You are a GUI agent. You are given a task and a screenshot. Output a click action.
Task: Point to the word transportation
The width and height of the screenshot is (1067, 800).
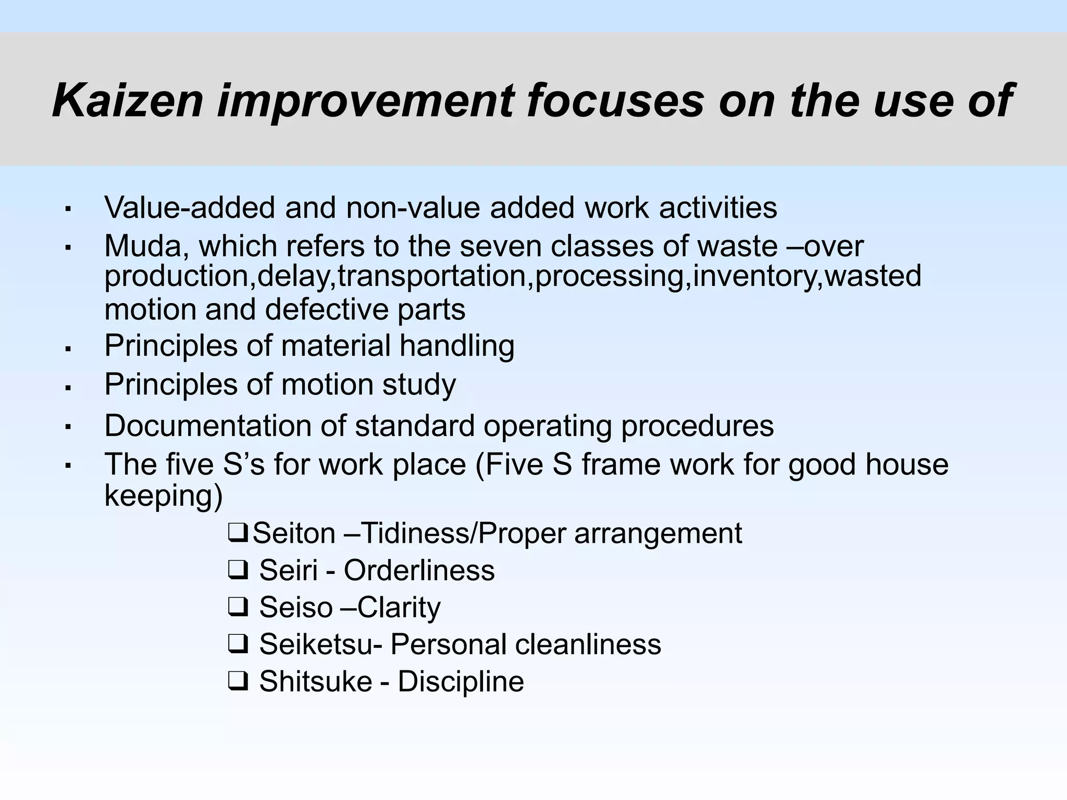(432, 276)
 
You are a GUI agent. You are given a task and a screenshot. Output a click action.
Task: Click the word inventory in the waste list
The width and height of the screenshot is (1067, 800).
(755, 276)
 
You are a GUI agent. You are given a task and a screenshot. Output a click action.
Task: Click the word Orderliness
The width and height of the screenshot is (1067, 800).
(419, 570)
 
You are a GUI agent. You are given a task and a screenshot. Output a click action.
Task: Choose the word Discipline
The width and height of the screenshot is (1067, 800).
(461, 681)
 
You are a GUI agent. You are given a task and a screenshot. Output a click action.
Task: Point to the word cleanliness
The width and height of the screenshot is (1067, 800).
(588, 644)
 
